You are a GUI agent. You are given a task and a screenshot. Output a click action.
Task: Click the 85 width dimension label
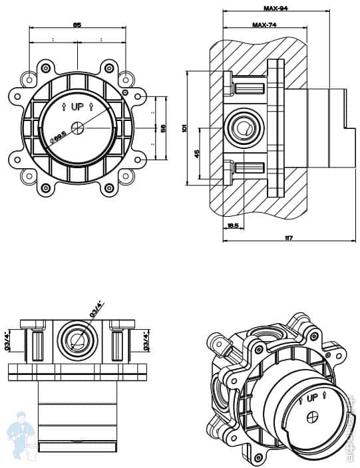(77, 25)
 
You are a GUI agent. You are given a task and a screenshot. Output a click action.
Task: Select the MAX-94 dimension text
(275, 9)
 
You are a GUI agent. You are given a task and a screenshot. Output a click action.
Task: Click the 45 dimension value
(197, 154)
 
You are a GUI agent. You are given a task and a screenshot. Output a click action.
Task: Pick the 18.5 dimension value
(232, 226)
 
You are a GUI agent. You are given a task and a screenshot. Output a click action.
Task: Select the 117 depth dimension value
(288, 238)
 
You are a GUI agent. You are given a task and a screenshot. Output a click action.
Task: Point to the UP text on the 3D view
(311, 399)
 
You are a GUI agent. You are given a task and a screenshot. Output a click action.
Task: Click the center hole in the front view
(79, 127)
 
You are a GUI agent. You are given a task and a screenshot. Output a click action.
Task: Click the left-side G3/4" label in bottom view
(7, 340)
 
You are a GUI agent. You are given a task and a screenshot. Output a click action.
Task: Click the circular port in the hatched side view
(245, 126)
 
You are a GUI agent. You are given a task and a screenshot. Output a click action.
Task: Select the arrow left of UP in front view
(63, 106)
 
